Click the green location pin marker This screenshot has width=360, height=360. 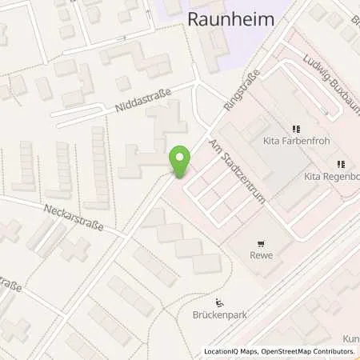point(181,162)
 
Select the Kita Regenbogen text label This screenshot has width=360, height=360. point(331,175)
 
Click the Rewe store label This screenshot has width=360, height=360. point(261,258)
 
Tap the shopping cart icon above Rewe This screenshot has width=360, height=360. point(261,244)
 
